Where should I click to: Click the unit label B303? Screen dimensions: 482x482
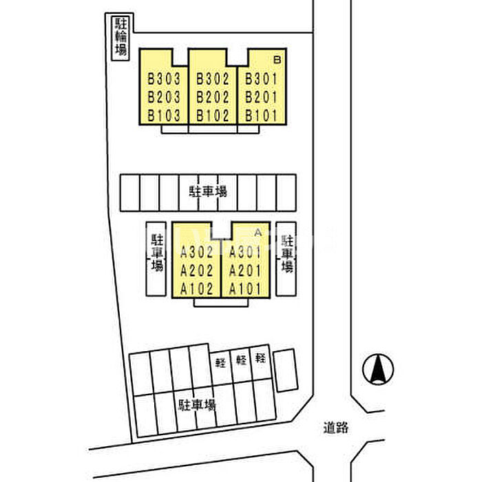click(164, 78)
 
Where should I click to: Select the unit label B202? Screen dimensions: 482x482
click(213, 97)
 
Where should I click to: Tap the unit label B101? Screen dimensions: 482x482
click(261, 116)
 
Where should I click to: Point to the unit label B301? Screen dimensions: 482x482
click(261, 78)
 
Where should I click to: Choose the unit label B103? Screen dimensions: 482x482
click(164, 116)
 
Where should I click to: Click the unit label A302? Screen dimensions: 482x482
click(197, 252)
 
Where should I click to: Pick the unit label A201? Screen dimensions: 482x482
click(245, 271)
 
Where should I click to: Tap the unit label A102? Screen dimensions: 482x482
click(197, 289)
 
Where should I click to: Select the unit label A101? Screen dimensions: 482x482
click(245, 289)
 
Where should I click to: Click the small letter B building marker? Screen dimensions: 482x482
click(277, 59)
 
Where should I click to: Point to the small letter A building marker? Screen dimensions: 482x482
click(258, 233)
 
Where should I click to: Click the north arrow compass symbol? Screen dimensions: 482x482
click(378, 369)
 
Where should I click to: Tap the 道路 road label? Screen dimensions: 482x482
click(336, 428)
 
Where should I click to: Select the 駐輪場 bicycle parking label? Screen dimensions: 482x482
click(120, 36)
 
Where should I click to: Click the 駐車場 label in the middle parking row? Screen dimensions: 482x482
click(208, 191)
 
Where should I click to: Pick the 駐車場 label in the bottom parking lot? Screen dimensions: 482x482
click(198, 405)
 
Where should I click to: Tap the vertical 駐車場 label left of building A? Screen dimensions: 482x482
click(157, 253)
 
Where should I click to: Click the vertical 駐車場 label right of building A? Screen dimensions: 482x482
click(287, 254)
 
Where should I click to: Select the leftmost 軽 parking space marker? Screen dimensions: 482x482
click(220, 363)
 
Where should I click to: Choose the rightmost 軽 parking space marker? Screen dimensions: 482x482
click(260, 357)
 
